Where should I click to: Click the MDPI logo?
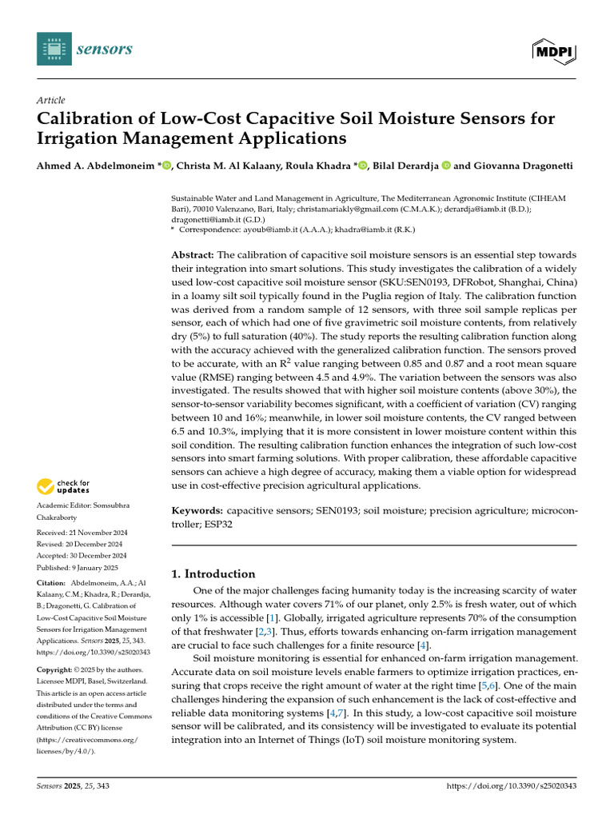pos(554,51)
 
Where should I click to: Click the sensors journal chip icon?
pos(54,50)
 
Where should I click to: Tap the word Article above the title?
pos(50,100)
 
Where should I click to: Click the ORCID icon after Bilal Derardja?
pos(446,165)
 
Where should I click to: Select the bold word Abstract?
pos(200,254)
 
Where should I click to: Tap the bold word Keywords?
pos(197,509)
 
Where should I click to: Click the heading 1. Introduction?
pos(214,573)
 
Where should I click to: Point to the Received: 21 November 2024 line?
pos(82,532)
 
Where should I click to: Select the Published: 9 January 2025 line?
pos(77,567)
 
